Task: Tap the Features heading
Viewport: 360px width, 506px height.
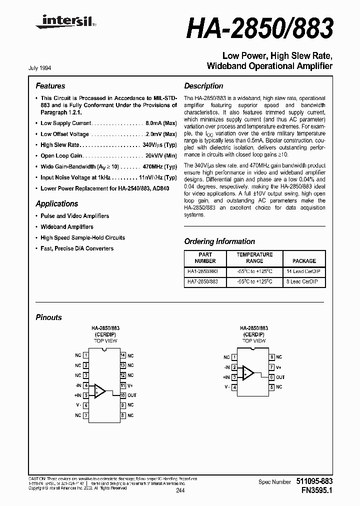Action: pos(50,86)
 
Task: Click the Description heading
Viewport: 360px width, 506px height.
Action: pos(203,86)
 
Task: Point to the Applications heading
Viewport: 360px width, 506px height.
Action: pos(56,203)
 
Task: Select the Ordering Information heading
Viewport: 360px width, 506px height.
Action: pos(219,241)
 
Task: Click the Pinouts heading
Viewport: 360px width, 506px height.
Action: pos(48,317)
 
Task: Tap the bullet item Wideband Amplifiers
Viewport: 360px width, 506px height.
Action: pos(67,226)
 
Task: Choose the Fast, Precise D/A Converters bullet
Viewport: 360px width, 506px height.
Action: pos(77,248)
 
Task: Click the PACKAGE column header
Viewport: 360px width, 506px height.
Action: pos(304,261)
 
